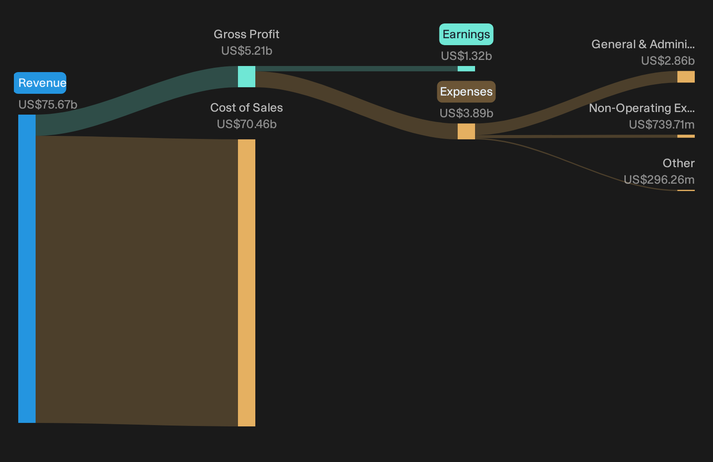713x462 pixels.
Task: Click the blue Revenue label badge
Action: (x=40, y=83)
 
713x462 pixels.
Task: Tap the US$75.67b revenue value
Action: (x=48, y=105)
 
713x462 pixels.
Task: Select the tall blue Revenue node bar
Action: (x=27, y=269)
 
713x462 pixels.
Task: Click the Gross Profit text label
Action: (x=246, y=34)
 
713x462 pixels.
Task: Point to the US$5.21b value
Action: (x=247, y=51)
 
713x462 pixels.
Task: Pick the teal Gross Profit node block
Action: (x=247, y=76)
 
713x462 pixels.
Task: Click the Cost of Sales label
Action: (x=246, y=108)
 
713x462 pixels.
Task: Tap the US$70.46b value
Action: (x=247, y=124)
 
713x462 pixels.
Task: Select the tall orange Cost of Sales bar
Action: (x=247, y=283)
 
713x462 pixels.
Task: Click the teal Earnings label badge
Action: (x=466, y=34)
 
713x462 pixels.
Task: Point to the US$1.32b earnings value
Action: (x=466, y=56)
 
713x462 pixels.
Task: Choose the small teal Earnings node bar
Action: (x=466, y=69)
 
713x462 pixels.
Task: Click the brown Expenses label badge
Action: (x=466, y=92)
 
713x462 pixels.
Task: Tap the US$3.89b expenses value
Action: (x=466, y=113)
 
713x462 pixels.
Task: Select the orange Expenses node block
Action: (x=466, y=131)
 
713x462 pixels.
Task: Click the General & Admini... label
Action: (x=643, y=44)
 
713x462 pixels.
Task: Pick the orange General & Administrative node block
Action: (x=686, y=77)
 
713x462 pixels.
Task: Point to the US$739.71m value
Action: (x=662, y=124)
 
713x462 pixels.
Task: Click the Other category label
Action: (x=679, y=163)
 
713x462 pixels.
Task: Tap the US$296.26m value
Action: (x=659, y=180)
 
